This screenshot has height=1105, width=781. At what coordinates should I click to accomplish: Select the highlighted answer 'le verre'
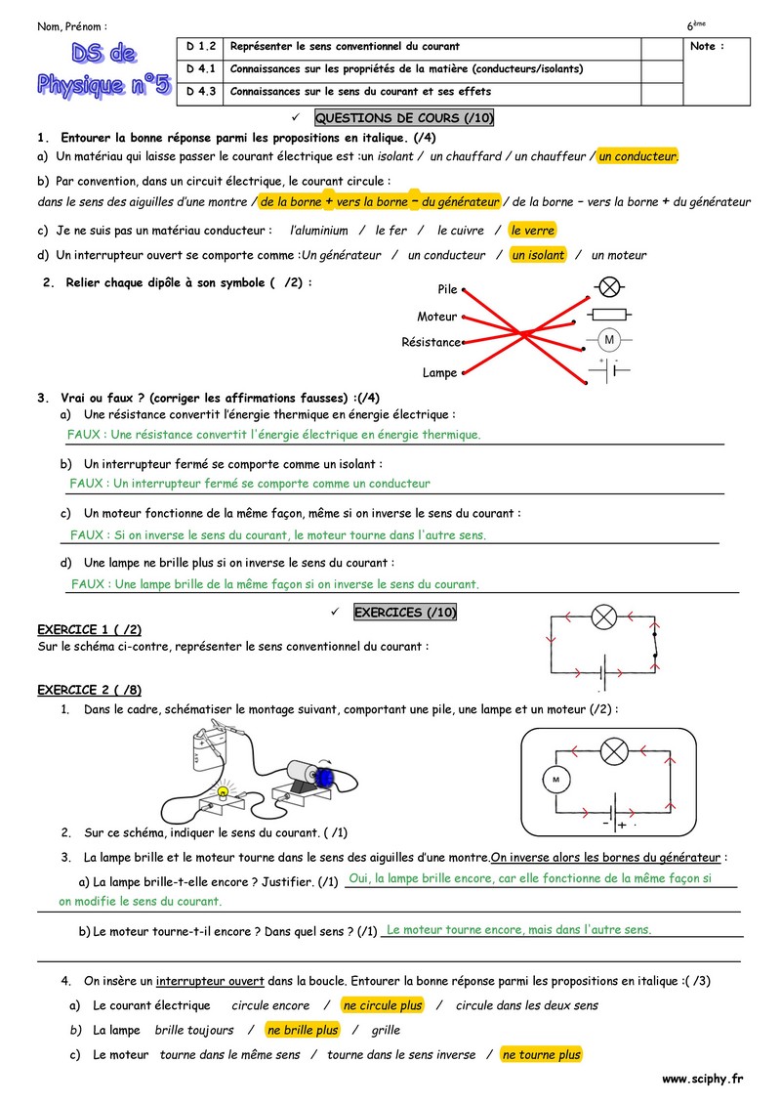(x=533, y=231)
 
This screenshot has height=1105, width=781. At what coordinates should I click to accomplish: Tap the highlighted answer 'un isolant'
(x=538, y=255)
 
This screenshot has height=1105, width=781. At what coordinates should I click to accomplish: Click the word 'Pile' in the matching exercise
(x=448, y=290)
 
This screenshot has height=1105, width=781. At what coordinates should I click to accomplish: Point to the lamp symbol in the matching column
(x=609, y=287)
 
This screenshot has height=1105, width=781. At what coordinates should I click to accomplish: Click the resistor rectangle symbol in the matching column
(x=609, y=314)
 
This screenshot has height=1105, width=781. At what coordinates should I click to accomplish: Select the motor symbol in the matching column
(x=609, y=340)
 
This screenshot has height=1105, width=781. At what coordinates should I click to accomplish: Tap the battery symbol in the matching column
(x=607, y=370)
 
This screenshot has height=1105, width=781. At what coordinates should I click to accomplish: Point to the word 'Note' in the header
(x=707, y=47)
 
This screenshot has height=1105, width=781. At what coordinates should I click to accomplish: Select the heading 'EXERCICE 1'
(x=76, y=629)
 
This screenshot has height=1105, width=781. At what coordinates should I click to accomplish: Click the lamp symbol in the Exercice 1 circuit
(x=604, y=616)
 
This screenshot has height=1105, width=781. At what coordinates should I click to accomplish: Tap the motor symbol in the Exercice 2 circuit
(x=555, y=780)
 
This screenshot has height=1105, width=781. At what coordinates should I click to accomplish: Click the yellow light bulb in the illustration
(x=223, y=790)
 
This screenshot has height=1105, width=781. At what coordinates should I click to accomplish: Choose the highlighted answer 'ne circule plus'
(x=383, y=1005)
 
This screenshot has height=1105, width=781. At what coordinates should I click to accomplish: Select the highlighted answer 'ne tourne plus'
(x=541, y=1054)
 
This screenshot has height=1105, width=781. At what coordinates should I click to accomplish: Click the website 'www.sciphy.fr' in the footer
(x=702, y=1080)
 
